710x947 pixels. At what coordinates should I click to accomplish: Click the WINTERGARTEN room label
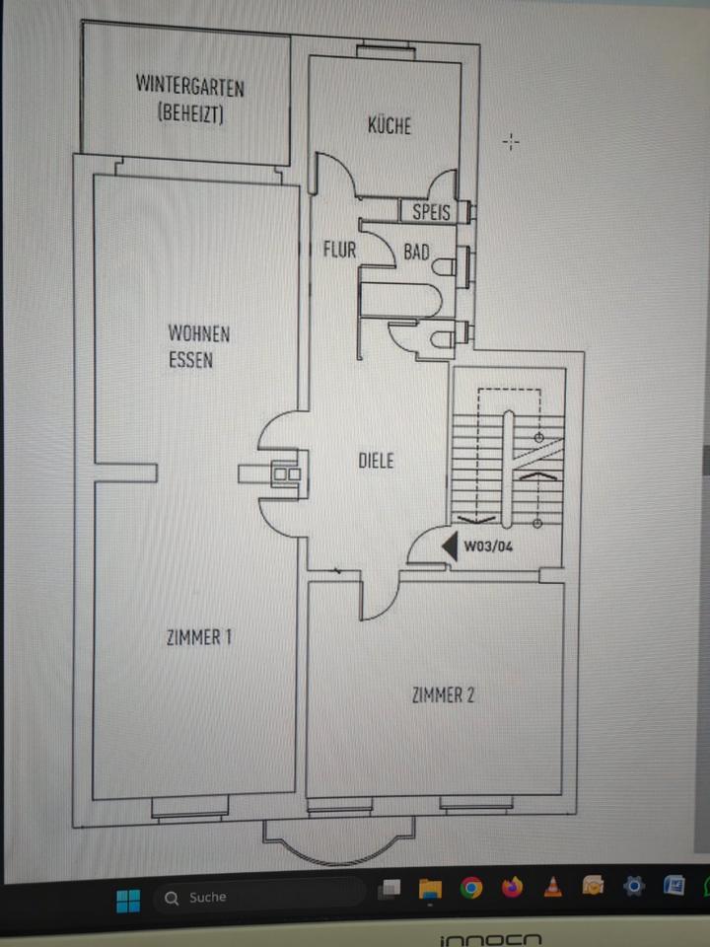[x=189, y=85]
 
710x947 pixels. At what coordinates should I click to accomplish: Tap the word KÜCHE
[x=389, y=126]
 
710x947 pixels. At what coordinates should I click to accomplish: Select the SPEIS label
[x=431, y=212]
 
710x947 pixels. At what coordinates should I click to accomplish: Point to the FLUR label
[x=339, y=250]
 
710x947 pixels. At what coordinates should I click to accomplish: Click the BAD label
[x=416, y=253]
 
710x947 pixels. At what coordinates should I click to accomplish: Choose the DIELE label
[x=376, y=461]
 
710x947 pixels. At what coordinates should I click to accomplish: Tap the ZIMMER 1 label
[x=199, y=637]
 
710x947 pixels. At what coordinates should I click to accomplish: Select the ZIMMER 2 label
[x=443, y=695]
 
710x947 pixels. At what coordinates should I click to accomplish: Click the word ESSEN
[x=190, y=360]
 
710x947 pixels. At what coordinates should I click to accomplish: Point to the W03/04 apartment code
[x=490, y=546]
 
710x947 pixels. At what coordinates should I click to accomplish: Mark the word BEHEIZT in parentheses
[x=190, y=113]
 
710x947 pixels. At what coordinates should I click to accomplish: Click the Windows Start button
[x=128, y=899]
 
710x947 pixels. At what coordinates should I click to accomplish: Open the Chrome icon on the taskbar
[x=471, y=889]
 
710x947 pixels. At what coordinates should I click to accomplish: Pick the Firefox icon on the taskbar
[x=512, y=887]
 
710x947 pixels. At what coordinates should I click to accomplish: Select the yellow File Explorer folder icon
[x=430, y=890]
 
